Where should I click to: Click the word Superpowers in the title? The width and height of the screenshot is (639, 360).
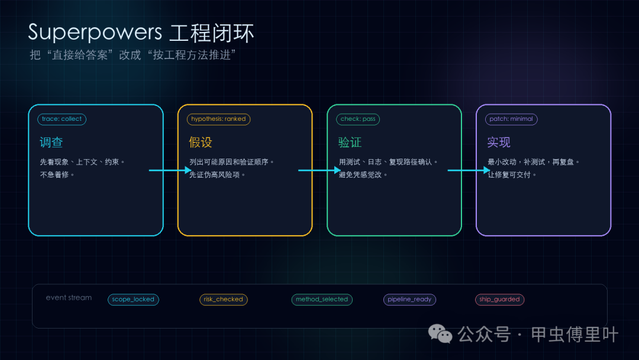pyautogui.click(x=95, y=33)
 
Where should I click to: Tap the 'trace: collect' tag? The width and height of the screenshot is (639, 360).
pyautogui.click(x=62, y=119)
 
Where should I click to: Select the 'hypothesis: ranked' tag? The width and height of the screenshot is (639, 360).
pyautogui.click(x=218, y=119)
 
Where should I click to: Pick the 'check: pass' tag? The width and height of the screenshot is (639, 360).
pyautogui.click(x=358, y=119)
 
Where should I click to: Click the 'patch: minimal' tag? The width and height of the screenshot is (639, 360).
pyautogui.click(x=511, y=119)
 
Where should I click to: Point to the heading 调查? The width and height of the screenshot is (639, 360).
pyautogui.click(x=51, y=142)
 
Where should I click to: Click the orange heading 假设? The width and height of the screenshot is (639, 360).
pyautogui.click(x=201, y=142)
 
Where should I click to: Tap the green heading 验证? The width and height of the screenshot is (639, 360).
pyautogui.click(x=350, y=142)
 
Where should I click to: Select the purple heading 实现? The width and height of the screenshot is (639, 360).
pyautogui.click(x=499, y=142)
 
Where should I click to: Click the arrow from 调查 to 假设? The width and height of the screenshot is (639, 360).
pyautogui.click(x=170, y=170)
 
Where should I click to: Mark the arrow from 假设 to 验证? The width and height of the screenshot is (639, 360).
pyautogui.click(x=319, y=170)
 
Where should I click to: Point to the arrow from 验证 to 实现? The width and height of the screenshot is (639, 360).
pyautogui.click(x=469, y=170)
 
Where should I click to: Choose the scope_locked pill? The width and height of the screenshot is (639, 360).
pyautogui.click(x=133, y=299)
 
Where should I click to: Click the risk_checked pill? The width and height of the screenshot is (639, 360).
pyautogui.click(x=223, y=299)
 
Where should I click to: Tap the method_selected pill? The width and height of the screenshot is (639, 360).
pyautogui.click(x=322, y=299)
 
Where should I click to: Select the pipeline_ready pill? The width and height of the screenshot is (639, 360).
pyautogui.click(x=409, y=299)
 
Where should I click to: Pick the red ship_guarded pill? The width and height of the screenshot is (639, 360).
pyautogui.click(x=499, y=299)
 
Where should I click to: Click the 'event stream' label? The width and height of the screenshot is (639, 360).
pyautogui.click(x=69, y=298)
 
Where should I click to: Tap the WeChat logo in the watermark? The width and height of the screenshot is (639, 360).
pyautogui.click(x=440, y=334)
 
